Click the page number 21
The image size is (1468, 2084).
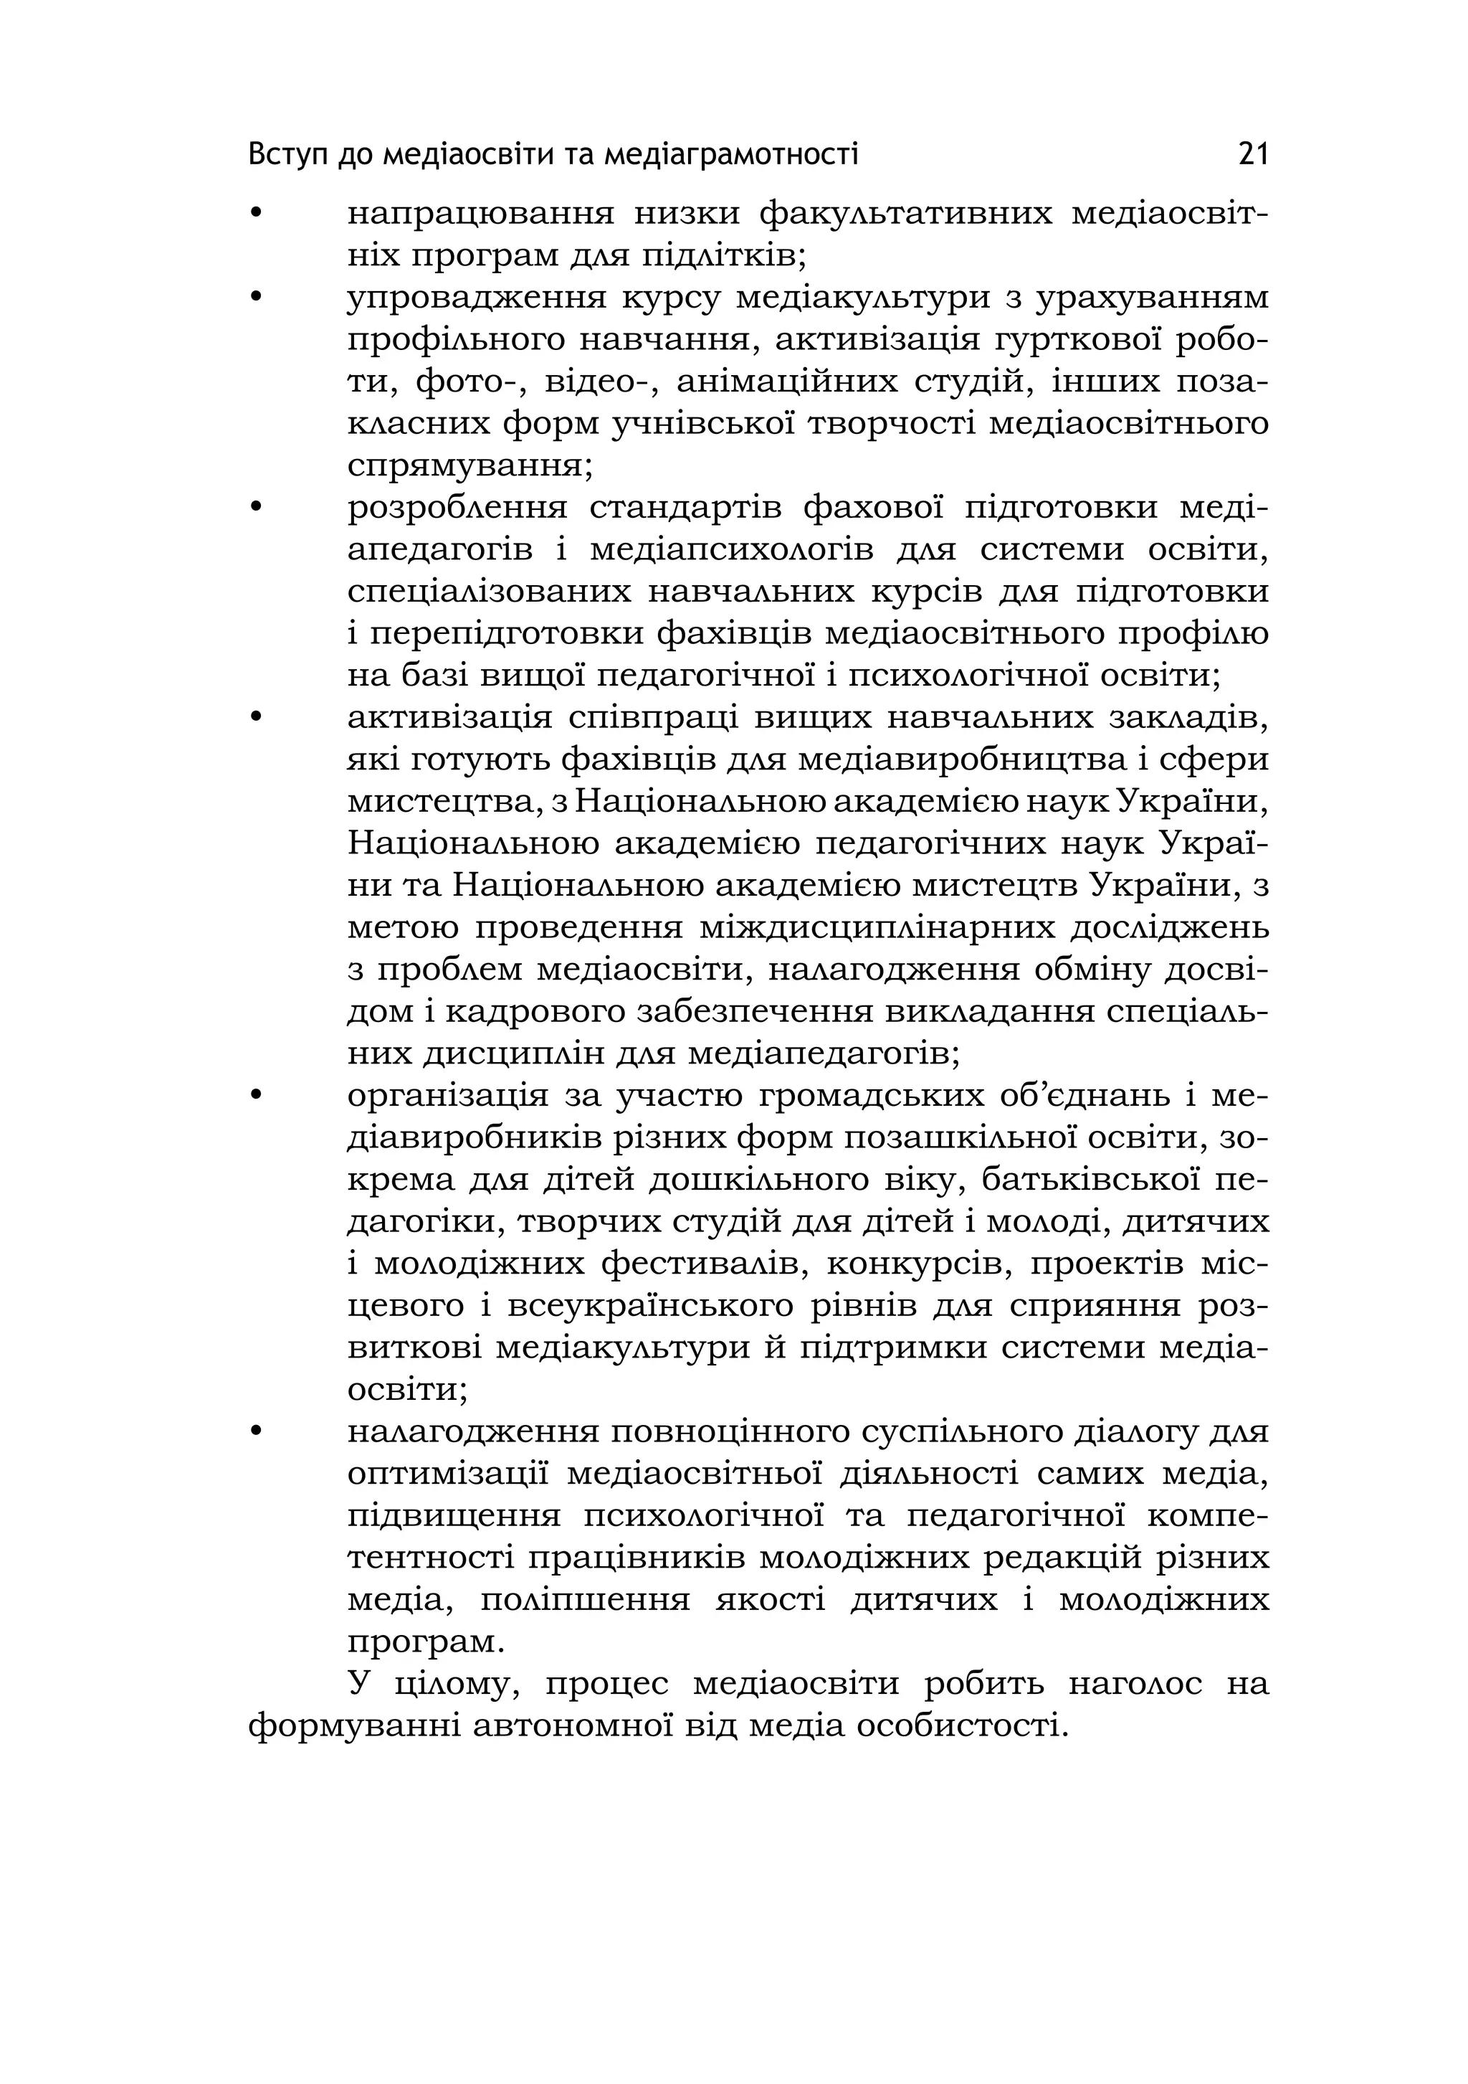1252,155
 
